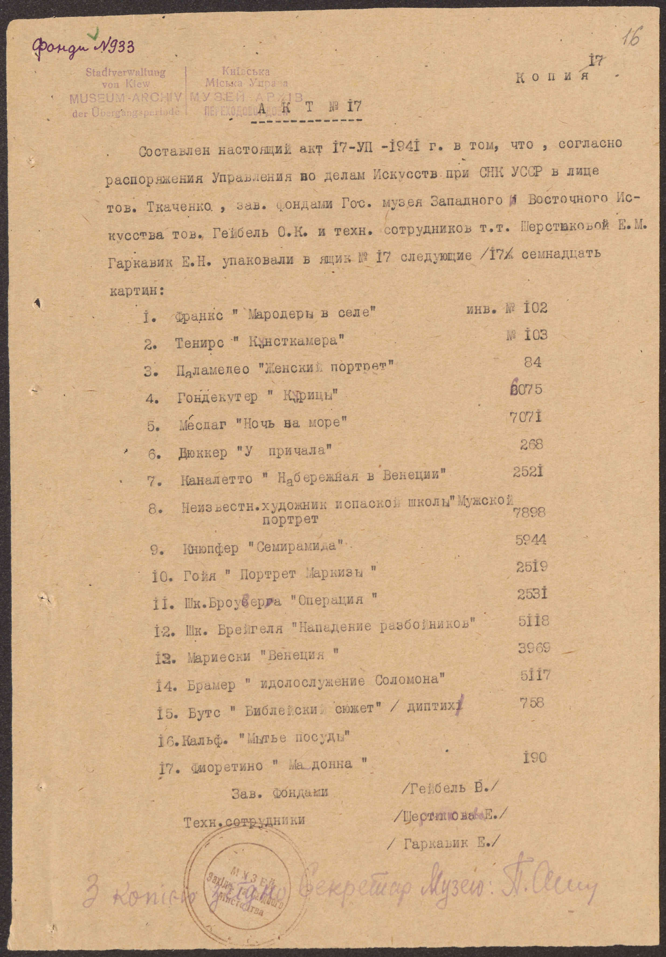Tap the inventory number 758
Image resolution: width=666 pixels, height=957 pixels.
pyautogui.click(x=532, y=703)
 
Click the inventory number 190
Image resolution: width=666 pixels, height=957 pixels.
pyautogui.click(x=534, y=758)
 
